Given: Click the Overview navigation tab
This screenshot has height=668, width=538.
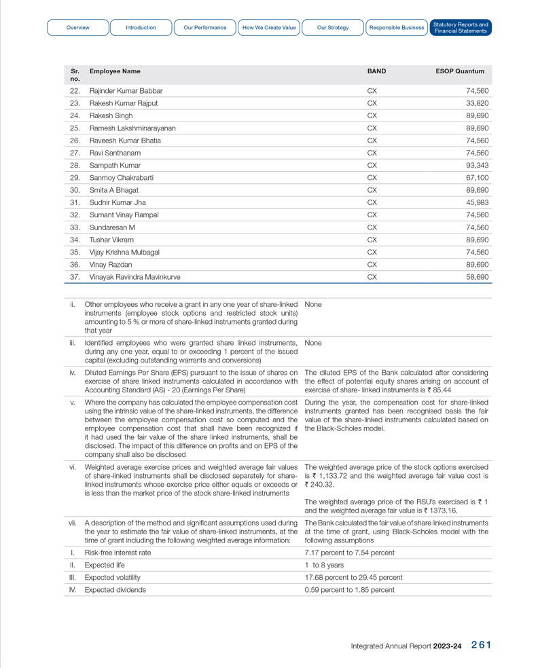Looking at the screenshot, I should [x=78, y=28].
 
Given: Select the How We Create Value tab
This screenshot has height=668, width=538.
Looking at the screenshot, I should [x=269, y=28].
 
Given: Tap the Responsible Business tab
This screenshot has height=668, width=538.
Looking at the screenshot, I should [x=397, y=28].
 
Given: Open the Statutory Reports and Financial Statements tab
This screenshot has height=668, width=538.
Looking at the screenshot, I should [x=461, y=28].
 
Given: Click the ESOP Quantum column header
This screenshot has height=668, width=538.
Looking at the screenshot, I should [x=460, y=71].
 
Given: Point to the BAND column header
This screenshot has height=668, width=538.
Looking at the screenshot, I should [x=376, y=71].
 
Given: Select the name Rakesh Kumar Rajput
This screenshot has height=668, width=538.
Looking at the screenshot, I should [x=124, y=103].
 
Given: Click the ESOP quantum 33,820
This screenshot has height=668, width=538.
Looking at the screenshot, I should [x=477, y=103].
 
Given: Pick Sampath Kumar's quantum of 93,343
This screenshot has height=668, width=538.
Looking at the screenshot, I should [x=477, y=166].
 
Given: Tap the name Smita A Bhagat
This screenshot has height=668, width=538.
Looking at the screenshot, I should [x=114, y=190].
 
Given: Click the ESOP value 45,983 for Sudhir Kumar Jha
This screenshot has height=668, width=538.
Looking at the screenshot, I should [x=477, y=202].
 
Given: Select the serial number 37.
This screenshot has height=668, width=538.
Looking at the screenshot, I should [x=75, y=277].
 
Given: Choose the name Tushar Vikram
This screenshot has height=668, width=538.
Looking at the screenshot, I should [x=111, y=240].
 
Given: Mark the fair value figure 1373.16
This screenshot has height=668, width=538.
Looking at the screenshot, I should [x=440, y=511].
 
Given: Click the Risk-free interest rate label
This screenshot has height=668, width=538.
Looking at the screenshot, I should [x=118, y=553].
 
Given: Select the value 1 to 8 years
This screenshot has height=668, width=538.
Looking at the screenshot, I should [x=324, y=565].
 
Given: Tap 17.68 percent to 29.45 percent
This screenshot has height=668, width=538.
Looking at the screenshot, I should [x=353, y=578].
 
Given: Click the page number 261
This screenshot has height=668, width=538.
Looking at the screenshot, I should [x=480, y=646].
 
